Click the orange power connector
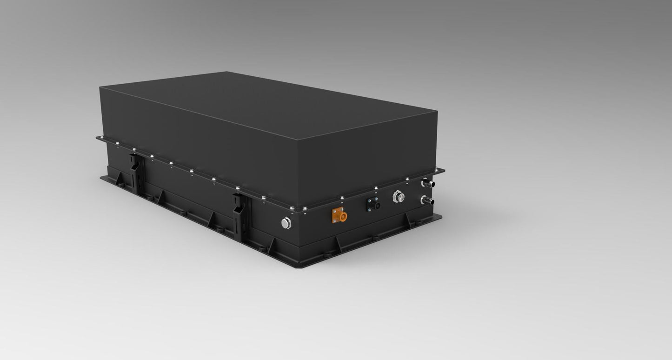point(339,215)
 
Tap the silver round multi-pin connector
point(399,196)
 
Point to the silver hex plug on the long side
point(286,223)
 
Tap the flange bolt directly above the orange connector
point(342,198)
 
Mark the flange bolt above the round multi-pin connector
point(406,179)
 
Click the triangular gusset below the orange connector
point(338,244)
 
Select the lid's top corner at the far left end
point(100,87)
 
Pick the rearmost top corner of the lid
point(226,72)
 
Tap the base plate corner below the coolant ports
point(441,215)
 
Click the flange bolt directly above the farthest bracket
point(133,150)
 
